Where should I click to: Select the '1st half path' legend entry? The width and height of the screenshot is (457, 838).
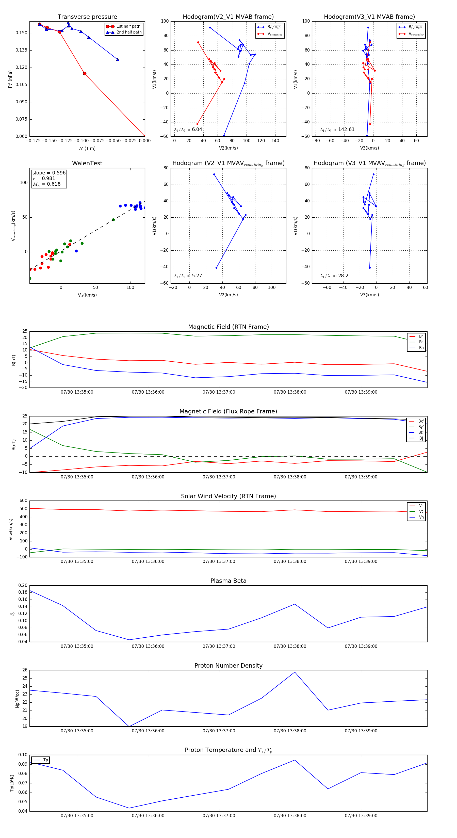click(128, 26)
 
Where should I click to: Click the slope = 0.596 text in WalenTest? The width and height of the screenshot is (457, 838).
click(49, 173)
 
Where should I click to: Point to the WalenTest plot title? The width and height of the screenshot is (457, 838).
click(87, 163)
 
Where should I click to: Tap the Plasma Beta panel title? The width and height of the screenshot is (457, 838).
click(228, 581)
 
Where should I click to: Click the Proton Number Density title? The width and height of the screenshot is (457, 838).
click(228, 666)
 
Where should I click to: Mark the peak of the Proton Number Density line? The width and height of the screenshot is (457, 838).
click(295, 672)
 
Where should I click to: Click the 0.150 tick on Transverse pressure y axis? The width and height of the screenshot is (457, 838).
click(22, 33)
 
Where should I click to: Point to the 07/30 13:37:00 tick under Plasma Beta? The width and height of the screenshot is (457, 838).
click(219, 646)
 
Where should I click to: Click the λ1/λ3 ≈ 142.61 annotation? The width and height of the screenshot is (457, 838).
click(337, 130)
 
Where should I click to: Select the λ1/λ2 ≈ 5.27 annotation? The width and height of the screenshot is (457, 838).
click(188, 276)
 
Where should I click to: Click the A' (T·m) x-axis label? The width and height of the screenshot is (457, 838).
click(87, 149)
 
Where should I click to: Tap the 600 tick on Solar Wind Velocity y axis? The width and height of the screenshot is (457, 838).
click(23, 501)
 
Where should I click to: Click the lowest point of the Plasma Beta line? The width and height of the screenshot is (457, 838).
click(129, 640)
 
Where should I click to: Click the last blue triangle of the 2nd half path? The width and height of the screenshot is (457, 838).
click(117, 59)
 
